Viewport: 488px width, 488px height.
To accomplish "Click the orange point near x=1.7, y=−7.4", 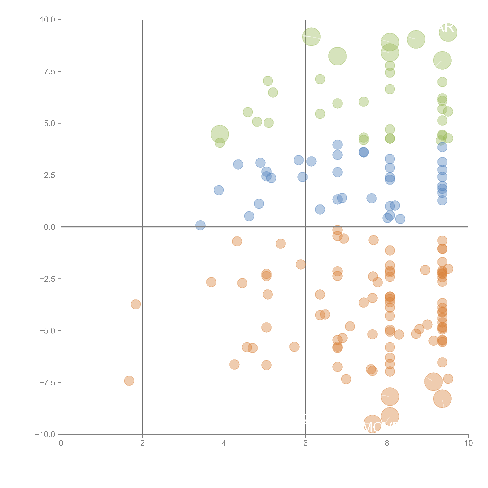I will pyautogui.click(x=129, y=381).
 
